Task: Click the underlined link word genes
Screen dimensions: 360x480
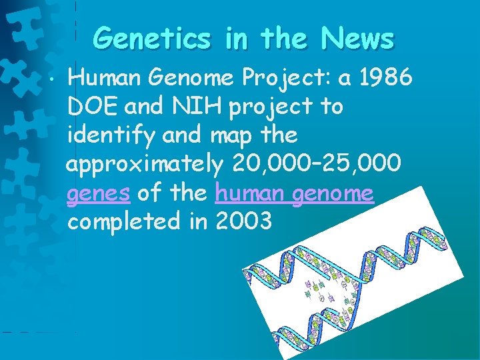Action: point(99,194)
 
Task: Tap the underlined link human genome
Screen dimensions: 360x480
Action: point(294,193)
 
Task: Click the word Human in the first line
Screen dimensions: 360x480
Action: point(107,79)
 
